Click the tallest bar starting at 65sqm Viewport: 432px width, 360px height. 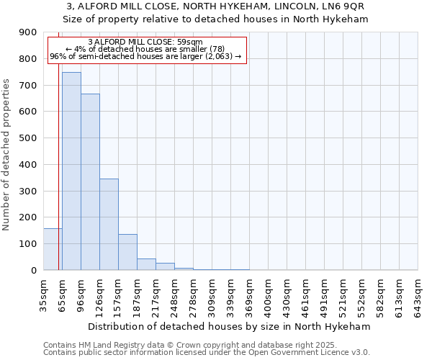71,171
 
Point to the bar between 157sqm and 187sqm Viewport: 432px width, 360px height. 127,252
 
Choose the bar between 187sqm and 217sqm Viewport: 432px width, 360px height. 146,264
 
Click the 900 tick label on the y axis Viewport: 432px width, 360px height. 28,32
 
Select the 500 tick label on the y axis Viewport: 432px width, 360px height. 28,138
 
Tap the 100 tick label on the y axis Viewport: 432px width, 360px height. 28,244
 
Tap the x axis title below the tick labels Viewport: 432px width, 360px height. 230,326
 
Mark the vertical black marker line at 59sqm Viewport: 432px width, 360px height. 58,180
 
